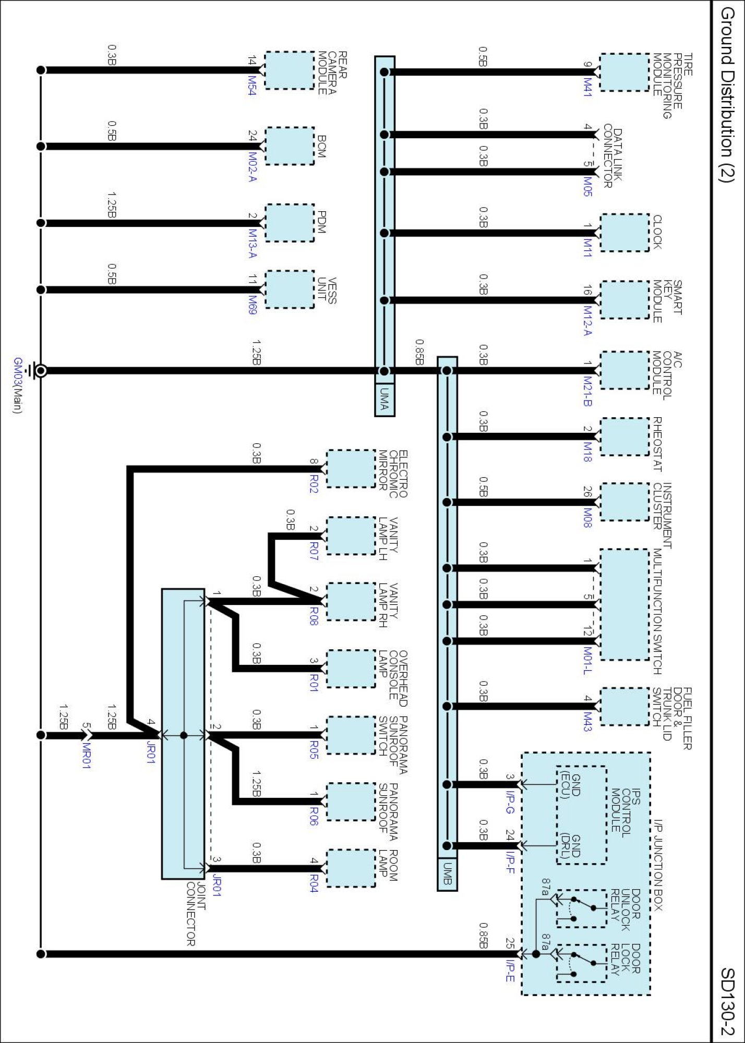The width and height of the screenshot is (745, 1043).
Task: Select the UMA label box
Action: coord(384,400)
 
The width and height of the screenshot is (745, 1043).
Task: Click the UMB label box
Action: coord(447,874)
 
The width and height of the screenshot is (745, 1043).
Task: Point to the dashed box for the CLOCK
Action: coord(624,233)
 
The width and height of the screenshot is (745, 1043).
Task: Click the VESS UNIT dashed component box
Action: coord(290,289)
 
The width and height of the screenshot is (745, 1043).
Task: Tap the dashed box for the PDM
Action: coord(290,223)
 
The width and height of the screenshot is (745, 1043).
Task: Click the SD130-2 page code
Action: coord(727,1001)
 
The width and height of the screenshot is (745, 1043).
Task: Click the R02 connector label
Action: coord(314,483)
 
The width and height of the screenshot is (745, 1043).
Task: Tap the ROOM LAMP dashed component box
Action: coord(351,868)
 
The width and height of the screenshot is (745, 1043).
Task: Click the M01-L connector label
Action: coord(587,661)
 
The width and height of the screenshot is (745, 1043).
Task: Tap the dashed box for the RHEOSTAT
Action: coord(624,436)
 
